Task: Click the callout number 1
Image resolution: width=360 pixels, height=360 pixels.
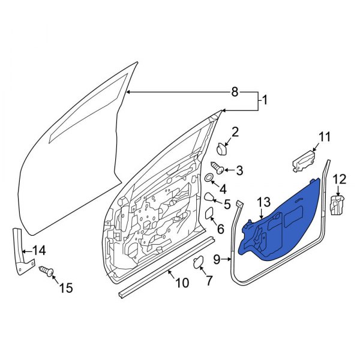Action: [x=263, y=102]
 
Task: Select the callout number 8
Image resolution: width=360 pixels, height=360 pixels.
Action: [x=235, y=92]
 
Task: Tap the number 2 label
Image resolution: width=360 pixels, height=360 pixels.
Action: [x=235, y=132]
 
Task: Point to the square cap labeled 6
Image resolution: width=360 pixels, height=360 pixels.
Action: [x=210, y=213]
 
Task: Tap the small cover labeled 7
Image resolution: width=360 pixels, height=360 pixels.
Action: [x=197, y=260]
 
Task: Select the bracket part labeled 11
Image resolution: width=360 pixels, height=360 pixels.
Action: [x=303, y=160]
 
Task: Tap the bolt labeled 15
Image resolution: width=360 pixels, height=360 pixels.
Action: [x=46, y=272]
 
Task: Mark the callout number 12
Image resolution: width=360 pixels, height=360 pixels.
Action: [x=340, y=178]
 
